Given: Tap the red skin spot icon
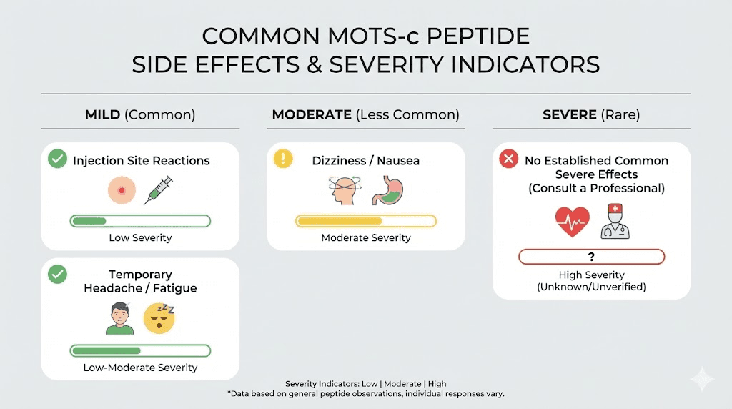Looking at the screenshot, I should [x=121, y=190].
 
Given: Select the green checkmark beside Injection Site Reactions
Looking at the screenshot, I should [x=57, y=159].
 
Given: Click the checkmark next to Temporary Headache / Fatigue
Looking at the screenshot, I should [x=57, y=275].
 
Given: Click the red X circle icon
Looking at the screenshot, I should [x=508, y=159].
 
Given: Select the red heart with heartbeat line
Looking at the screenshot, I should [x=573, y=222].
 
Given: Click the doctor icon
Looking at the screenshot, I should [x=615, y=221].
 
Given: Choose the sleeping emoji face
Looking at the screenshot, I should [x=159, y=318].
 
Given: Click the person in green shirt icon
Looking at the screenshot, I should [x=120, y=318].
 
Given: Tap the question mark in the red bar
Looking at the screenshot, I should [x=591, y=257].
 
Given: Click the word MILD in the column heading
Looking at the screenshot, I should [x=103, y=114].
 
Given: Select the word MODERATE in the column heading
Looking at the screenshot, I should [x=311, y=114].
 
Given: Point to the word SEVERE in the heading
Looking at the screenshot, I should [x=569, y=114].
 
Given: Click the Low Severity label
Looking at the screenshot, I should [x=140, y=237].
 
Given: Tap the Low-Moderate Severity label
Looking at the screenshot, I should [x=140, y=368].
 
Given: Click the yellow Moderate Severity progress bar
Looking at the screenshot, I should [x=366, y=221].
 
